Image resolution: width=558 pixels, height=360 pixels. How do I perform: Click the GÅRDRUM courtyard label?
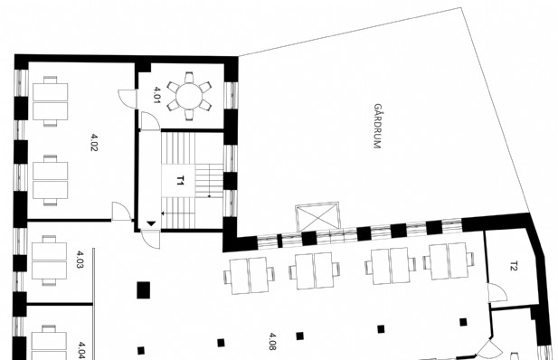[x=377, y=126]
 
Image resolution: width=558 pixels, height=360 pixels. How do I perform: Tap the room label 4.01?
[x=156, y=95]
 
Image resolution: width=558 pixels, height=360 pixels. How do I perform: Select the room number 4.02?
[x=94, y=142]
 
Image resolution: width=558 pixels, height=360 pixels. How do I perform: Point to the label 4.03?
[x=80, y=260]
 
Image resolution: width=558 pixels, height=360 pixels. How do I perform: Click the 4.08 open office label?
[x=272, y=342]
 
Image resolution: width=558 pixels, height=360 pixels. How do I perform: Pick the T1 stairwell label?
[x=180, y=180]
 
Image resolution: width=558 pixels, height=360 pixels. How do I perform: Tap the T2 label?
[x=514, y=266]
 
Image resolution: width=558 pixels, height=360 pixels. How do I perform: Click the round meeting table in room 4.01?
[x=189, y=96]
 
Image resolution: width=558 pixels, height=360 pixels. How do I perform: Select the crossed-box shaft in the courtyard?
[x=317, y=216]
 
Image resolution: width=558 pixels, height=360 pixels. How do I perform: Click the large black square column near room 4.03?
[x=144, y=289]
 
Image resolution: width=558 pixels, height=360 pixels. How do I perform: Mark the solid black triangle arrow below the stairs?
[x=151, y=223]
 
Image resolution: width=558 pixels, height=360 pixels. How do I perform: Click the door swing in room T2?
[x=497, y=293]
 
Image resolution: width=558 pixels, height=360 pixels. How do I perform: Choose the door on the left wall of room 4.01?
[x=128, y=99]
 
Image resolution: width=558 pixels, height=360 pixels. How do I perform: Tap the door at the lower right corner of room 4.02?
[x=121, y=212]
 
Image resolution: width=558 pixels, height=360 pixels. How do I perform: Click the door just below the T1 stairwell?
[x=150, y=240]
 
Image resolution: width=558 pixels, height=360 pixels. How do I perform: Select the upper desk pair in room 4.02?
[x=50, y=101]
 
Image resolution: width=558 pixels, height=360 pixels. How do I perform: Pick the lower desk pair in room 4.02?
[x=50, y=180]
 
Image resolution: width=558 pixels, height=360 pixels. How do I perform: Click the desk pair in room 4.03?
[x=49, y=261]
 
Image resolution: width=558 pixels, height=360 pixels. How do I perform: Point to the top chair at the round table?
[x=189, y=78]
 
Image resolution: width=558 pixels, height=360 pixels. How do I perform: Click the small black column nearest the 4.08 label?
[x=300, y=336]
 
